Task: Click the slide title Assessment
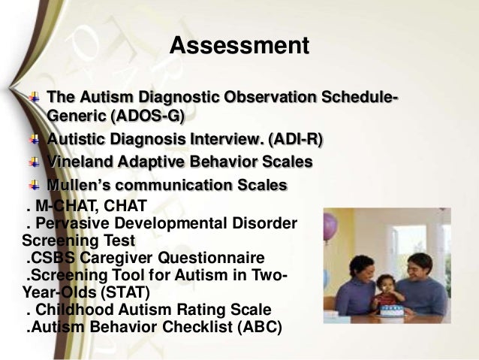[x=239, y=46]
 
